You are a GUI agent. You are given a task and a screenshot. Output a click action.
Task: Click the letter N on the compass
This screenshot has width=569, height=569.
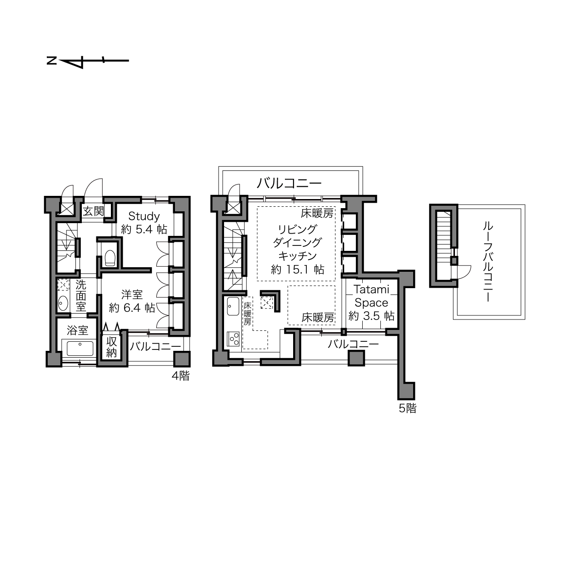(x=52, y=61)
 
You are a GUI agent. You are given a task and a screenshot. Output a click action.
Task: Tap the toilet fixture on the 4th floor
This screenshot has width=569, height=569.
(x=110, y=258)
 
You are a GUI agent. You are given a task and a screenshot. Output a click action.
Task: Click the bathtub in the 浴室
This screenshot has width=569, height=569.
(x=80, y=349)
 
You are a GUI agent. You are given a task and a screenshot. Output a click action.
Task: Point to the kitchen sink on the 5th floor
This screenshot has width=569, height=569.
(x=233, y=306)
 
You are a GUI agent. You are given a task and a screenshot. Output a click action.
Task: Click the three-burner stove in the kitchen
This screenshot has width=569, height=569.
(x=233, y=339)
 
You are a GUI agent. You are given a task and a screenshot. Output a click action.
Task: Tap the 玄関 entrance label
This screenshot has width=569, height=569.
(x=93, y=211)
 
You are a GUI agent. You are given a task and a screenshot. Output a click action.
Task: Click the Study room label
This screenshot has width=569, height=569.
(x=144, y=217)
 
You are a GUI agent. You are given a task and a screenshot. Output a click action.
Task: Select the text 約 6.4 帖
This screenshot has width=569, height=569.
(x=132, y=308)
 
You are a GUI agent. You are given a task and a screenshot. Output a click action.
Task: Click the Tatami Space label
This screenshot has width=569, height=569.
(x=371, y=296)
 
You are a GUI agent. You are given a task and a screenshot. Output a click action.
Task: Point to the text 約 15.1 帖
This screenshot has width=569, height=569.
(x=298, y=270)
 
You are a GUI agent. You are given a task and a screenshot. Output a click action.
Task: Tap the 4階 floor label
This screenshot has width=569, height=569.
(x=180, y=375)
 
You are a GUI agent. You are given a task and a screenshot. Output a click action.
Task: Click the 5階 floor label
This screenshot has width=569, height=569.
(x=408, y=409)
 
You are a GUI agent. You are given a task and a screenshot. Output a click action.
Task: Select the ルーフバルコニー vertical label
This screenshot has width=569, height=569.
(x=488, y=262)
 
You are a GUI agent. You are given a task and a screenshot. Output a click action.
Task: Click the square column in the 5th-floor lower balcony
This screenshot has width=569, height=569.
(x=356, y=358)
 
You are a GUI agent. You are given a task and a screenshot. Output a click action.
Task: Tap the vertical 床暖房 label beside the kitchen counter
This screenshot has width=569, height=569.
(x=247, y=314)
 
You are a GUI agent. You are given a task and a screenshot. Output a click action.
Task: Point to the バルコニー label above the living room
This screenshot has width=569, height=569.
(x=289, y=183)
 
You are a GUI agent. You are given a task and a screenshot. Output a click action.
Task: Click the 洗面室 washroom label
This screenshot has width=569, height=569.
(x=80, y=296)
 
